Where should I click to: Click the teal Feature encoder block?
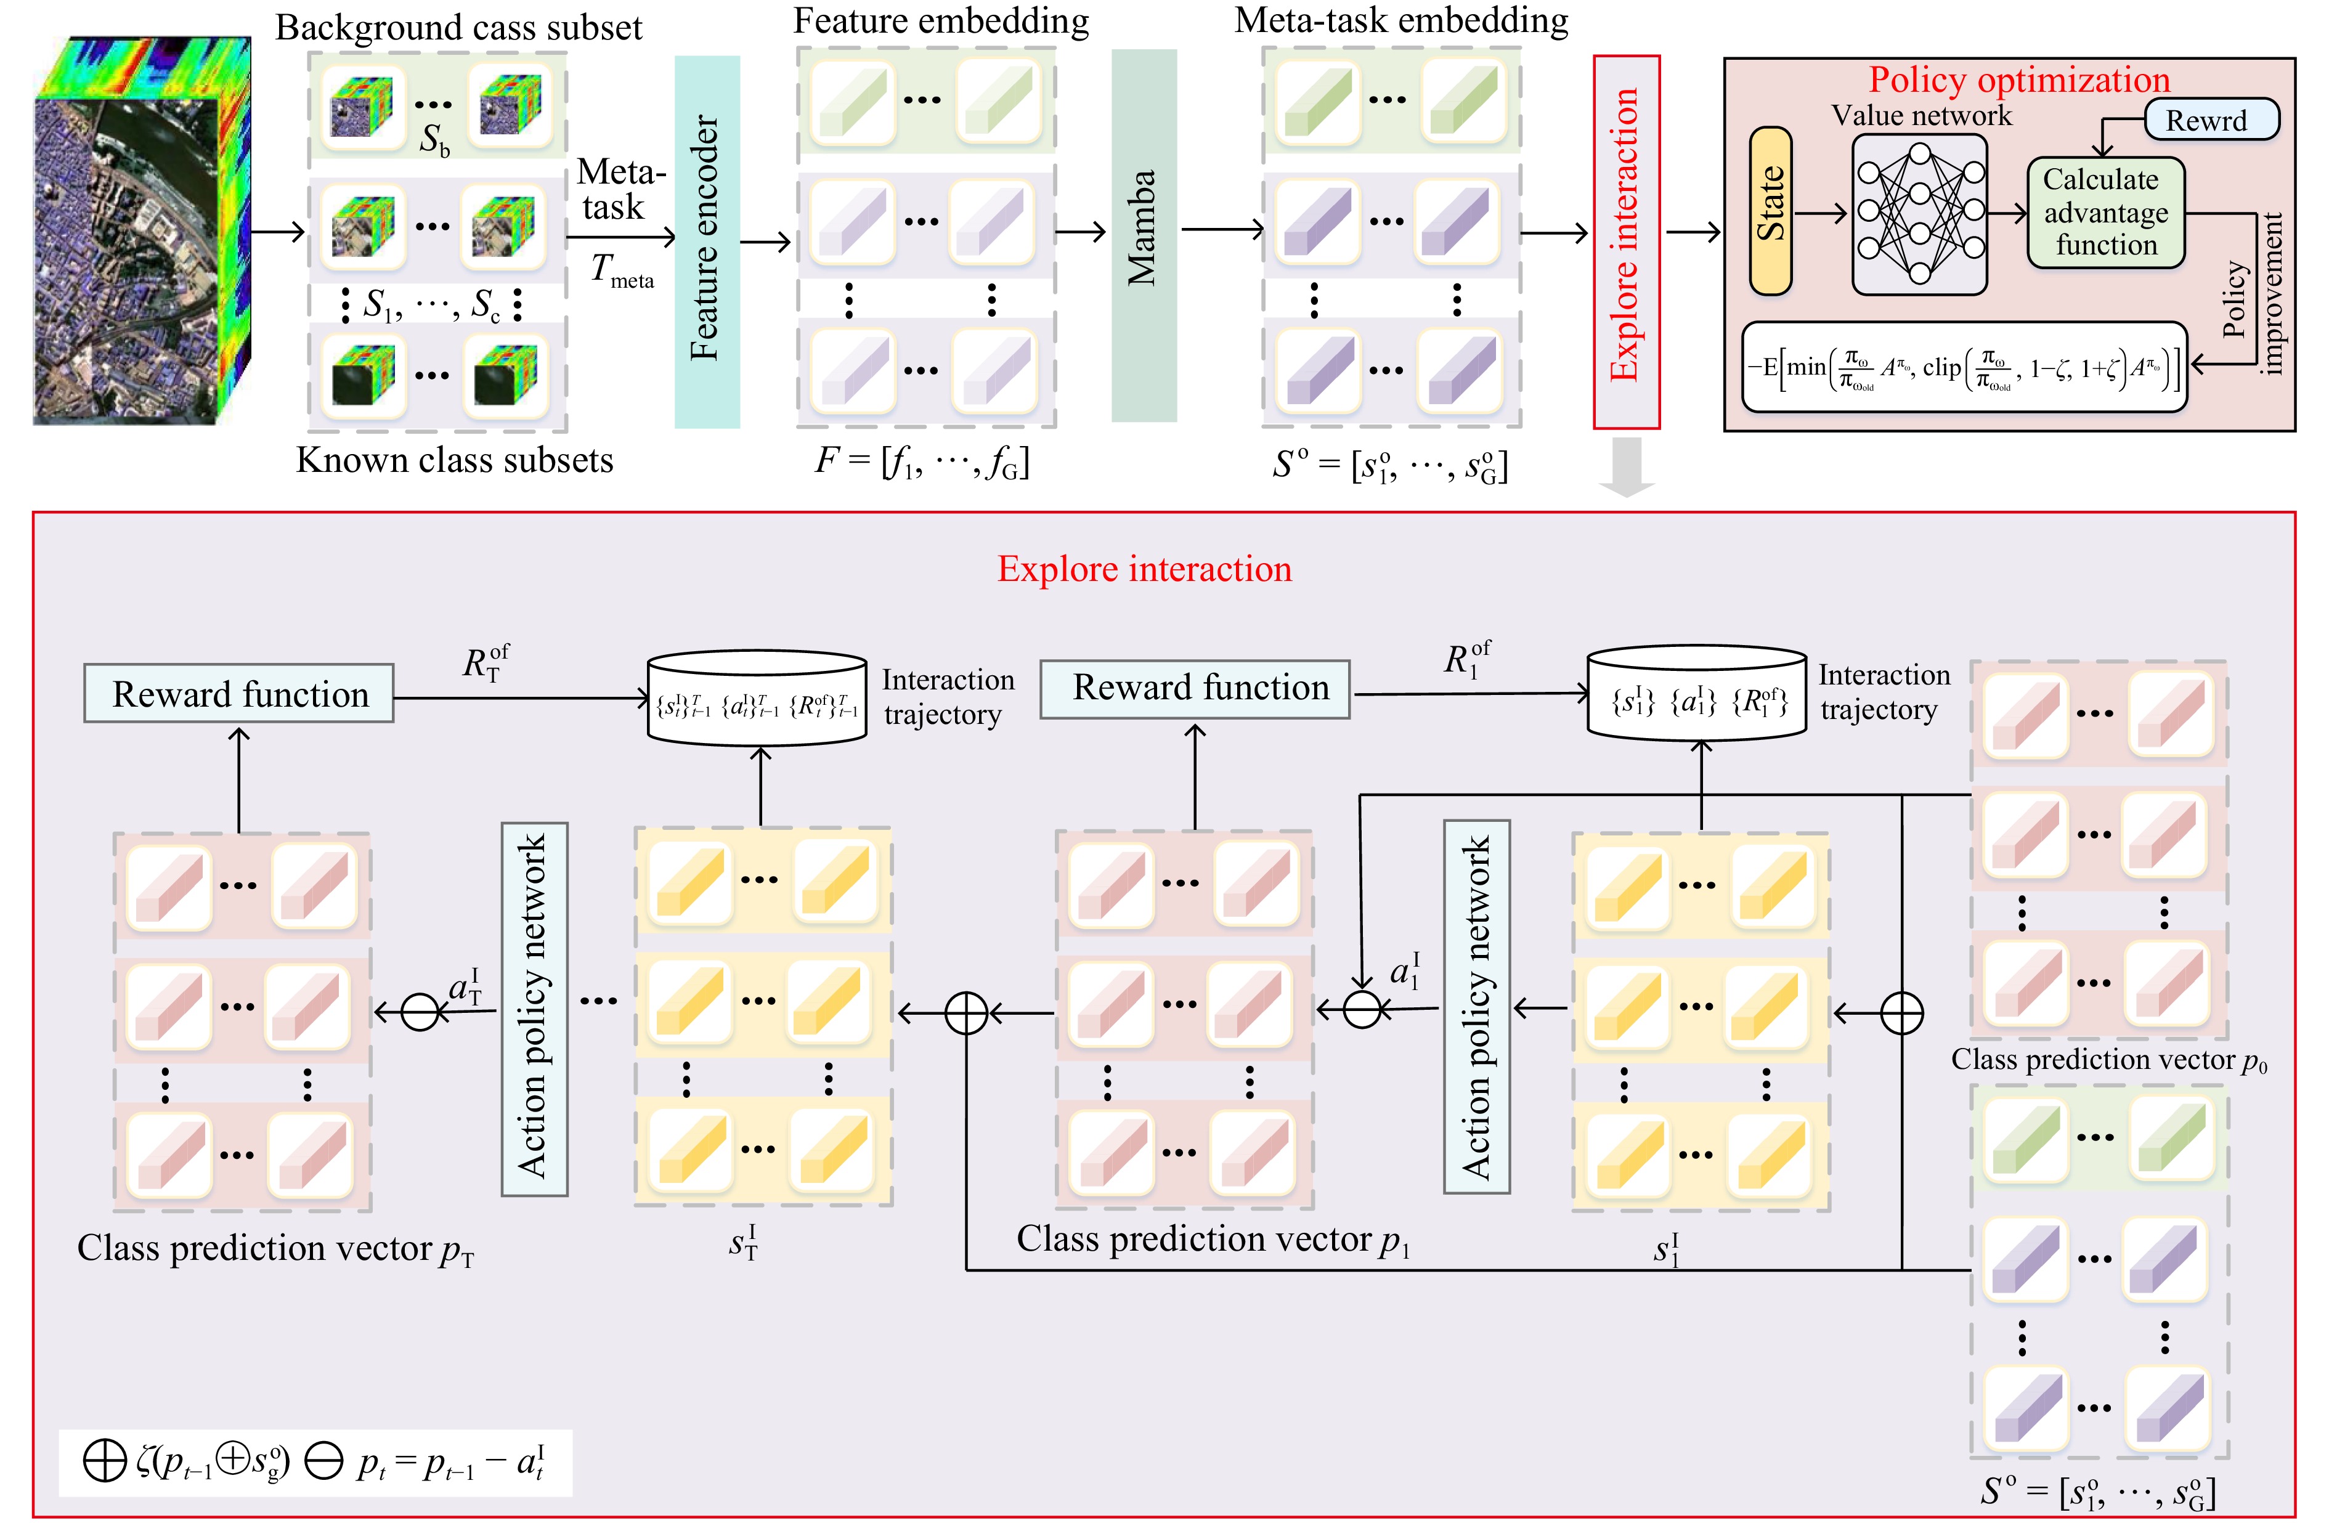(707, 241)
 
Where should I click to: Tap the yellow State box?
(1770, 211)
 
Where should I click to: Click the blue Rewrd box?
(2211, 120)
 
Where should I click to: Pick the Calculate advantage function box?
(2105, 213)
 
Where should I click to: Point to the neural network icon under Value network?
(1919, 213)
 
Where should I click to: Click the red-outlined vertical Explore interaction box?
(1625, 241)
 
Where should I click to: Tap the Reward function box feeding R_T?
(239, 694)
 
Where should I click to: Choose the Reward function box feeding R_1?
(1194, 689)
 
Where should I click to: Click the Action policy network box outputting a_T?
(534, 1008)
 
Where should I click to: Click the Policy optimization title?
(2019, 79)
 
